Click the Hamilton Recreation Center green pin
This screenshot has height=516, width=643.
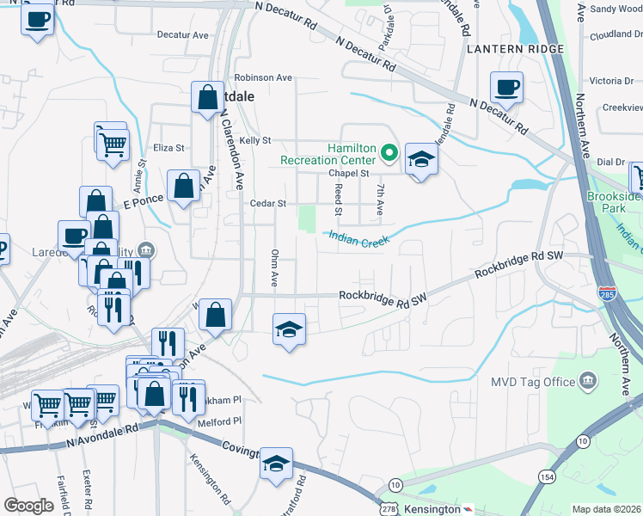click(x=389, y=154)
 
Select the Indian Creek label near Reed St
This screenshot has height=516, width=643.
click(x=357, y=243)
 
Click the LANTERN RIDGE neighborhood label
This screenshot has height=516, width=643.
click(x=515, y=49)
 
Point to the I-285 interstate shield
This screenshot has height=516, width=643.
click(x=607, y=293)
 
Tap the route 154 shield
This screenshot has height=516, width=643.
click(x=546, y=476)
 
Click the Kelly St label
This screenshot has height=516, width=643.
click(x=255, y=140)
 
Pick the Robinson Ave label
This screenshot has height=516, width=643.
click(x=263, y=77)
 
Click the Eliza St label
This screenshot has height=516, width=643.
click(x=168, y=148)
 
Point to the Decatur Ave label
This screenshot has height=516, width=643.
click(x=183, y=35)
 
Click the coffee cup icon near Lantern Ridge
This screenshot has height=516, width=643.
click(x=506, y=87)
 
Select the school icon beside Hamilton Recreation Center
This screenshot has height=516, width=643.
click(x=421, y=159)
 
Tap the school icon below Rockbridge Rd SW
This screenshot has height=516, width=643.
click(x=289, y=329)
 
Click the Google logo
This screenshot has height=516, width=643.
click(x=29, y=507)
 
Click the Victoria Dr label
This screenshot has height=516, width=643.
click(x=610, y=81)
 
